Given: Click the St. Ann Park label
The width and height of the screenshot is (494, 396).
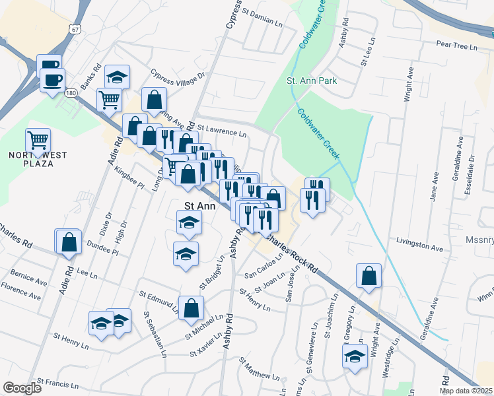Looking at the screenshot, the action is coord(312,81).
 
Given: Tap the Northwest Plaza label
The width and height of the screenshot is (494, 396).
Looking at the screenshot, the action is coord(30,159).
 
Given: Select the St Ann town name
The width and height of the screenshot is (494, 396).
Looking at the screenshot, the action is coord(199,205).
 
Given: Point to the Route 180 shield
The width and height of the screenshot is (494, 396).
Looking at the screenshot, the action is coord(71,93).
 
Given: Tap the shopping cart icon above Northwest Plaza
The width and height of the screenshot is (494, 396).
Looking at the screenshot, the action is coord(38,140).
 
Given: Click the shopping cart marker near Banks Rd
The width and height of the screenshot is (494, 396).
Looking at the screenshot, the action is coord(109,100).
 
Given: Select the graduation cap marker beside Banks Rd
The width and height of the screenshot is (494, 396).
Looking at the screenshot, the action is coord(117,77).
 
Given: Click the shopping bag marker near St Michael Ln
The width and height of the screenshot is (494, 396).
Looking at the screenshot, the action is coord(191,308).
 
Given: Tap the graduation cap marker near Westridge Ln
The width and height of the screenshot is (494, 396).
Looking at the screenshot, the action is coord(355,356).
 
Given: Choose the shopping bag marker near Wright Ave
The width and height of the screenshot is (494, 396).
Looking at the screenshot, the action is coord(369,276).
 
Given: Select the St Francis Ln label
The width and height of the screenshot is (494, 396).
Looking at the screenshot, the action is coord(58,382).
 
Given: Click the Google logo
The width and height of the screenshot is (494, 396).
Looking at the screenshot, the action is coord(22,388).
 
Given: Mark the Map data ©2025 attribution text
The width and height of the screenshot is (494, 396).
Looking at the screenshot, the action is coord(466,391).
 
